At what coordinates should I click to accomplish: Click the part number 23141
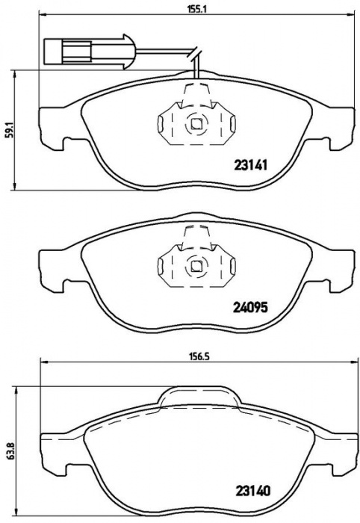coord(251,165)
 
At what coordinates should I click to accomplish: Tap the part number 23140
coord(253,490)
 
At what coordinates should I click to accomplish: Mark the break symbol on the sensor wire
coord(196,53)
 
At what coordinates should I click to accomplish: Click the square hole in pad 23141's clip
coord(196,124)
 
